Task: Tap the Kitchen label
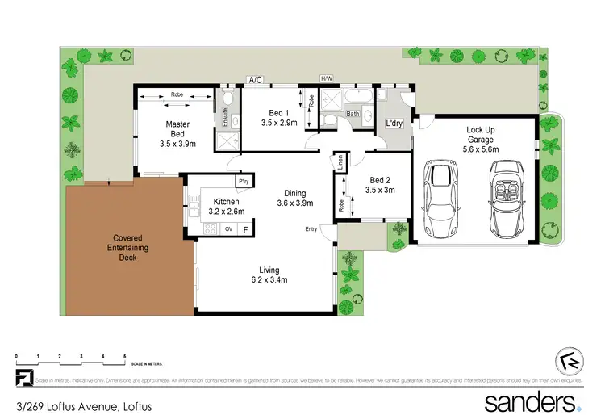[x=226, y=202]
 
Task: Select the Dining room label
[x=294, y=193]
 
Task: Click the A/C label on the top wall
[x=256, y=79]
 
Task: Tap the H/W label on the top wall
[x=327, y=78]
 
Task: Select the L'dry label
[x=394, y=124]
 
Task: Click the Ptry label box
[x=243, y=182]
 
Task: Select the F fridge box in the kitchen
[x=246, y=229]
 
